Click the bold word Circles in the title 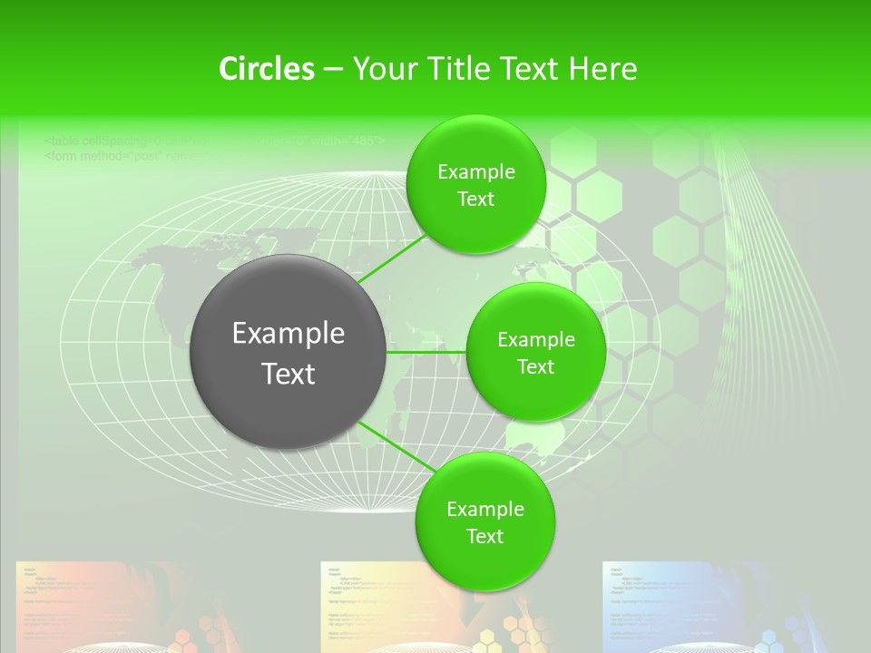click(266, 69)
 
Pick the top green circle click(475, 185)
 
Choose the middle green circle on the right click(535, 353)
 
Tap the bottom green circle click(484, 521)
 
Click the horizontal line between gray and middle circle click(426, 352)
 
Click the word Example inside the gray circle click(289, 334)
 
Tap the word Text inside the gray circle click(289, 374)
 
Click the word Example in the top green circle click(476, 172)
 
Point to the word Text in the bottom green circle click(484, 536)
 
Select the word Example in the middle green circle click(536, 340)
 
